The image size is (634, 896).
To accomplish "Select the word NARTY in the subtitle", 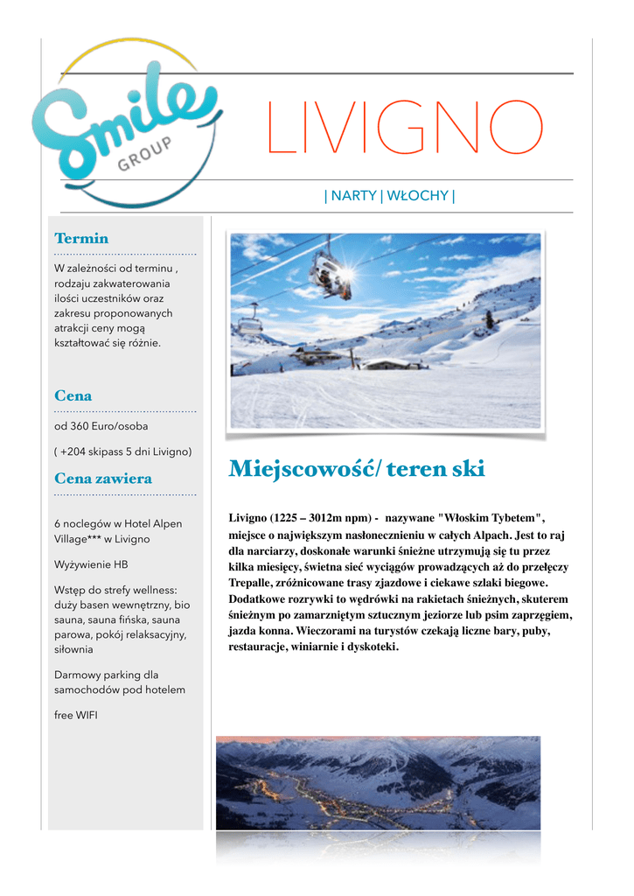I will tap(353, 196).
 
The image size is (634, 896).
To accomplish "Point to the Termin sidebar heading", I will tap(81, 238).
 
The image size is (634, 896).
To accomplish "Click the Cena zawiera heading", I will tap(103, 479).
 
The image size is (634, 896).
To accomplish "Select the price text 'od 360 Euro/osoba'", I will tap(101, 426).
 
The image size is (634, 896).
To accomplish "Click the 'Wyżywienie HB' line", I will tap(91, 564).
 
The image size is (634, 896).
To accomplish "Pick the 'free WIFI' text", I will tap(76, 715).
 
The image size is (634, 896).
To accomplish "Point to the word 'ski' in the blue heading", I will tap(469, 470).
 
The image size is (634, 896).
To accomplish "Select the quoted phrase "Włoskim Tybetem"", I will tap(491, 518).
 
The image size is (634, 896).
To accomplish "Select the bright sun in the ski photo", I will tap(349, 273).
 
